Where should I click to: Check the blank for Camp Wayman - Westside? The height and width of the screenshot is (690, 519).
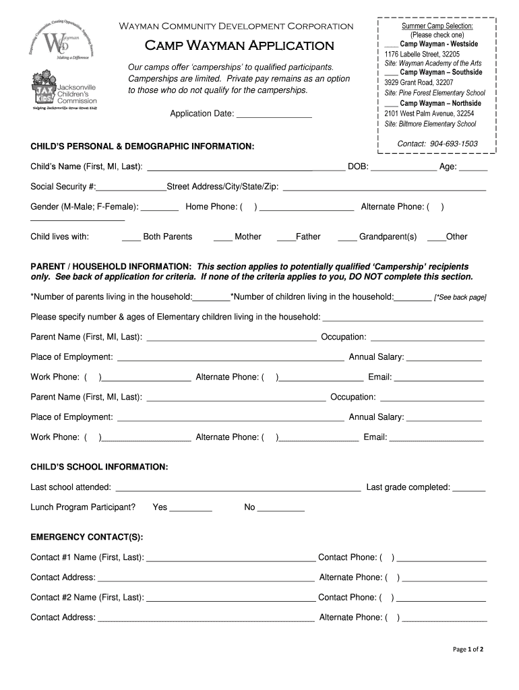pos(391,44)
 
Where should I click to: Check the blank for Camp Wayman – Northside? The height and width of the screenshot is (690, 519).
pos(391,104)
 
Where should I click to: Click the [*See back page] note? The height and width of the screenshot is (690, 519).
pos(460,297)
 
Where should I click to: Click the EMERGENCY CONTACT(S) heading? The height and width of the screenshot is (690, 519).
pos(86,537)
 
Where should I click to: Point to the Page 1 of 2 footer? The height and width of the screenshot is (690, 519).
pos(467,650)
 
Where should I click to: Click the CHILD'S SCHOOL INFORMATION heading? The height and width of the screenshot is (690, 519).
pos(99,467)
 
